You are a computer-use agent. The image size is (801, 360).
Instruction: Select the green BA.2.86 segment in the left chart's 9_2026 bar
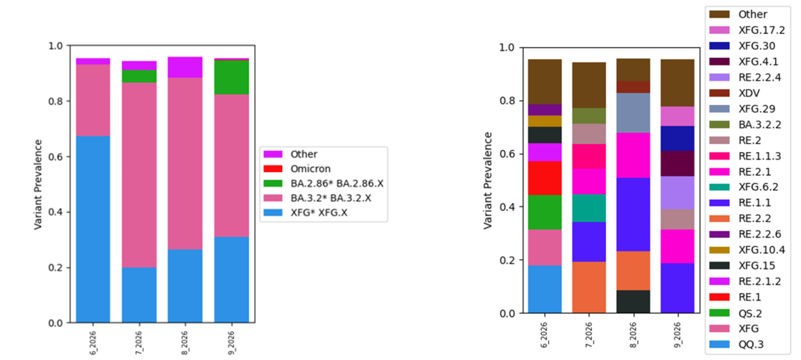point(232,77)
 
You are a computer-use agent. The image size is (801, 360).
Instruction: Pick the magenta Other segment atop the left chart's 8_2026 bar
point(186,67)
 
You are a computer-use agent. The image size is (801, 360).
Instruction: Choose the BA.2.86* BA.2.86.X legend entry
point(339,182)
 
